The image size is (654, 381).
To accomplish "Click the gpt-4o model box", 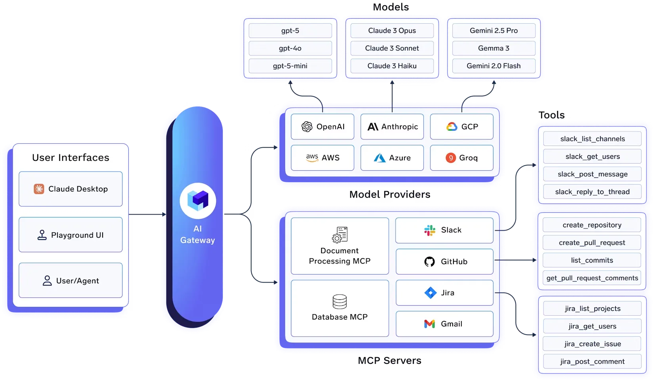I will [290, 48].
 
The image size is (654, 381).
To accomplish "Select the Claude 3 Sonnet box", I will [392, 48].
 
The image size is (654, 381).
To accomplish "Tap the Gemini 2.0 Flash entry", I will [493, 66].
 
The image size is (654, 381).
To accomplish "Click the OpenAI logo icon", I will [307, 127].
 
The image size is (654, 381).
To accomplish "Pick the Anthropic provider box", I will [392, 127].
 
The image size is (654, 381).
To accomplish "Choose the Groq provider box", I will [461, 158].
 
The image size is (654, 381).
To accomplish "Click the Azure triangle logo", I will [379, 158].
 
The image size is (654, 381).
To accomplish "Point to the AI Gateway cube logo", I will [198, 200].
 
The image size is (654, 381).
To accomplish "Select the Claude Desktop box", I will [71, 189].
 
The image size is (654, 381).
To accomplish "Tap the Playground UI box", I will [71, 235].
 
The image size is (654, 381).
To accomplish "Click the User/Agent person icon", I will [47, 281].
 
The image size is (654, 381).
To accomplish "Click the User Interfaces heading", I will [71, 158].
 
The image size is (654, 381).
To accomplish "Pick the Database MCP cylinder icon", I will [340, 302].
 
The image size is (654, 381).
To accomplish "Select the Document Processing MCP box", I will [340, 246].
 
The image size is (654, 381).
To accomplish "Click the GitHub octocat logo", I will [429, 261].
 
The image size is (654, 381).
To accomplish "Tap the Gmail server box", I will [444, 324].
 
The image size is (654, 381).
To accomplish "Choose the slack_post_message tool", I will [592, 174].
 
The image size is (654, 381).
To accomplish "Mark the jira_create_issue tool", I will [592, 344].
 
